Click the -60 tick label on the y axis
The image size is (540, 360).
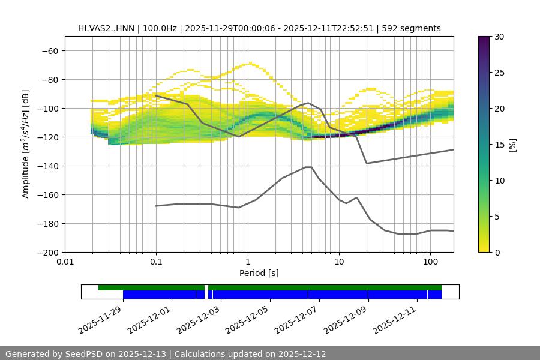[x=50, y=50]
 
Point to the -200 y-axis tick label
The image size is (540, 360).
[x=47, y=252]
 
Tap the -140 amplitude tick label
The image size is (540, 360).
[x=47, y=166]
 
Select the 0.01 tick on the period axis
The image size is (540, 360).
[x=65, y=262]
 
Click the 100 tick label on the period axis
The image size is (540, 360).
[x=430, y=262]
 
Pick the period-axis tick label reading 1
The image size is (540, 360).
[x=247, y=262]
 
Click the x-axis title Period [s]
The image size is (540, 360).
[x=259, y=273]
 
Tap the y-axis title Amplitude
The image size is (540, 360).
[x=26, y=144]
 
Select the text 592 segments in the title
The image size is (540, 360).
[x=414, y=28]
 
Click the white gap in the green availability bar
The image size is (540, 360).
[x=206, y=287]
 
